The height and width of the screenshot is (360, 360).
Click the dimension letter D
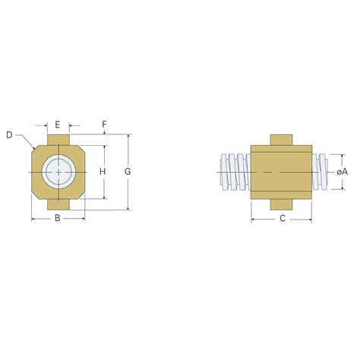coord(9,134)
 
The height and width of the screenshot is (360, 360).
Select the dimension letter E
coord(58,124)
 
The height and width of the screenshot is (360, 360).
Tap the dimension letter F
coord(104,124)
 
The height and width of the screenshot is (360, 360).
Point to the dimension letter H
coord(103,172)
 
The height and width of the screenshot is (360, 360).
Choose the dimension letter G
coord(128,172)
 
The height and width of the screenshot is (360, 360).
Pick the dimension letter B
coord(58,219)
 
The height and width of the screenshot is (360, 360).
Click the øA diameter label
coord(343,172)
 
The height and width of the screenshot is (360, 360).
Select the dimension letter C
coord(282,219)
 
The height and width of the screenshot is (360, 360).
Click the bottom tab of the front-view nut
coord(58,204)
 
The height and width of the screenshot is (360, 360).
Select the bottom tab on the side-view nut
coord(282,204)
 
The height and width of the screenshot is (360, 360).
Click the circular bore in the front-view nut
coord(58,172)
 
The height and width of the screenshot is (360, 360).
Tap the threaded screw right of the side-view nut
coord(321,172)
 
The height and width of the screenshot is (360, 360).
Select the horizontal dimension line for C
coord(262,219)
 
